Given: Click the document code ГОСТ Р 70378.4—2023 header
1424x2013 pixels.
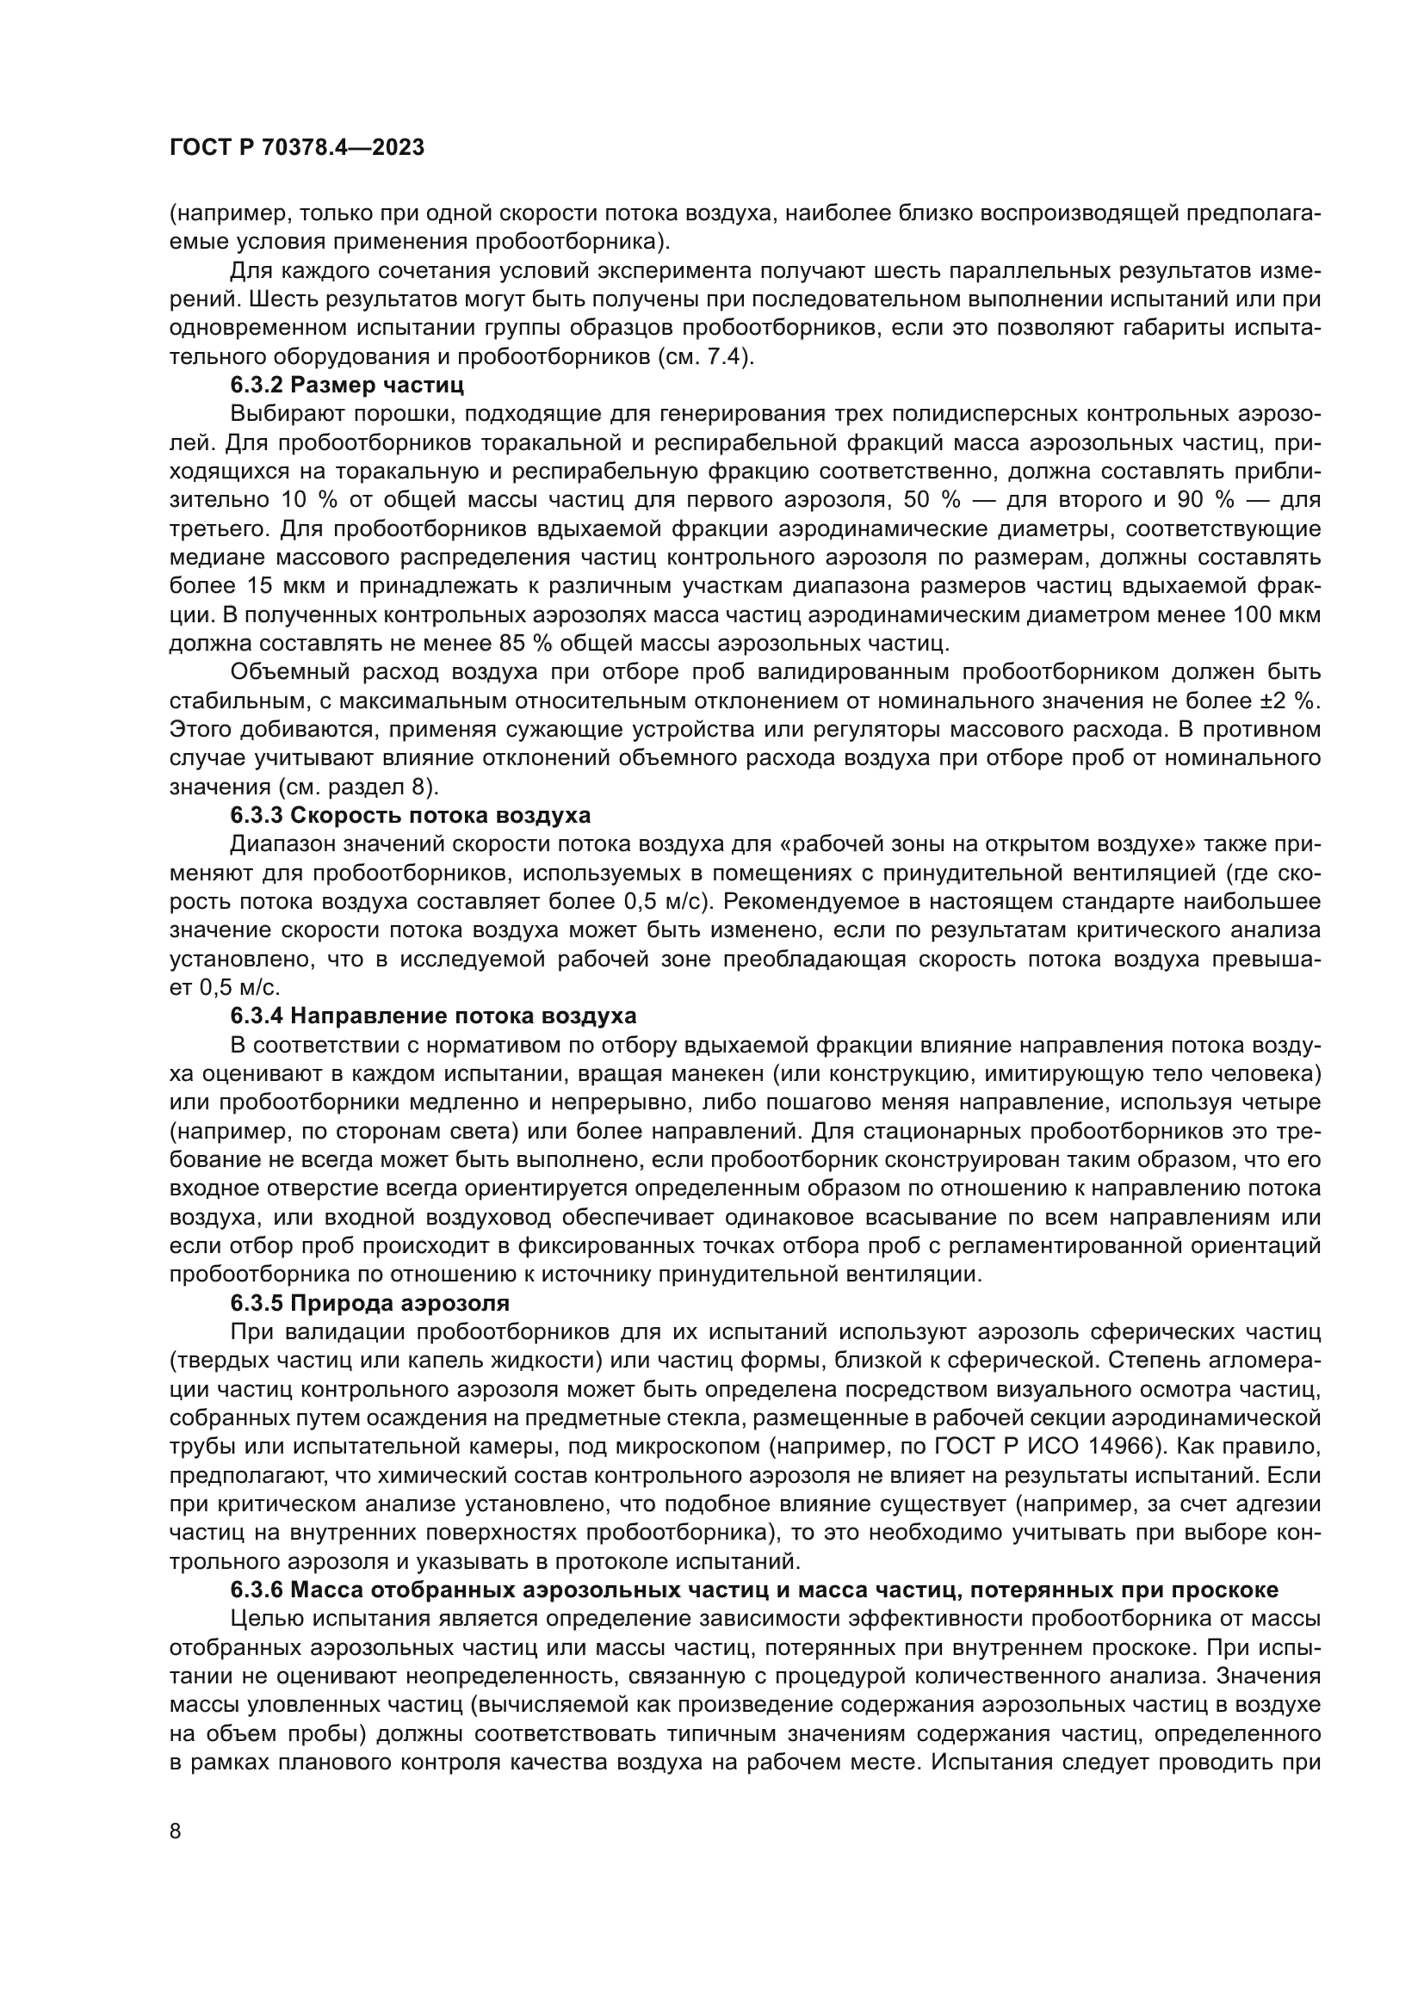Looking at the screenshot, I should tap(296, 147).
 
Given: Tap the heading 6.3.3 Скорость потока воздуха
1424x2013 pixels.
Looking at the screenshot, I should tap(411, 815).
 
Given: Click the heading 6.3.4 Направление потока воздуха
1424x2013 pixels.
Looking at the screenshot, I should tap(433, 1016).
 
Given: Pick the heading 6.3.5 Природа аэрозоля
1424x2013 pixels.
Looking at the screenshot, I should tap(370, 1303).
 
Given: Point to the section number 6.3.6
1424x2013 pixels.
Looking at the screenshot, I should tap(257, 1590).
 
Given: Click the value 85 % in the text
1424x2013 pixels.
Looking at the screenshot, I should tap(526, 644).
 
